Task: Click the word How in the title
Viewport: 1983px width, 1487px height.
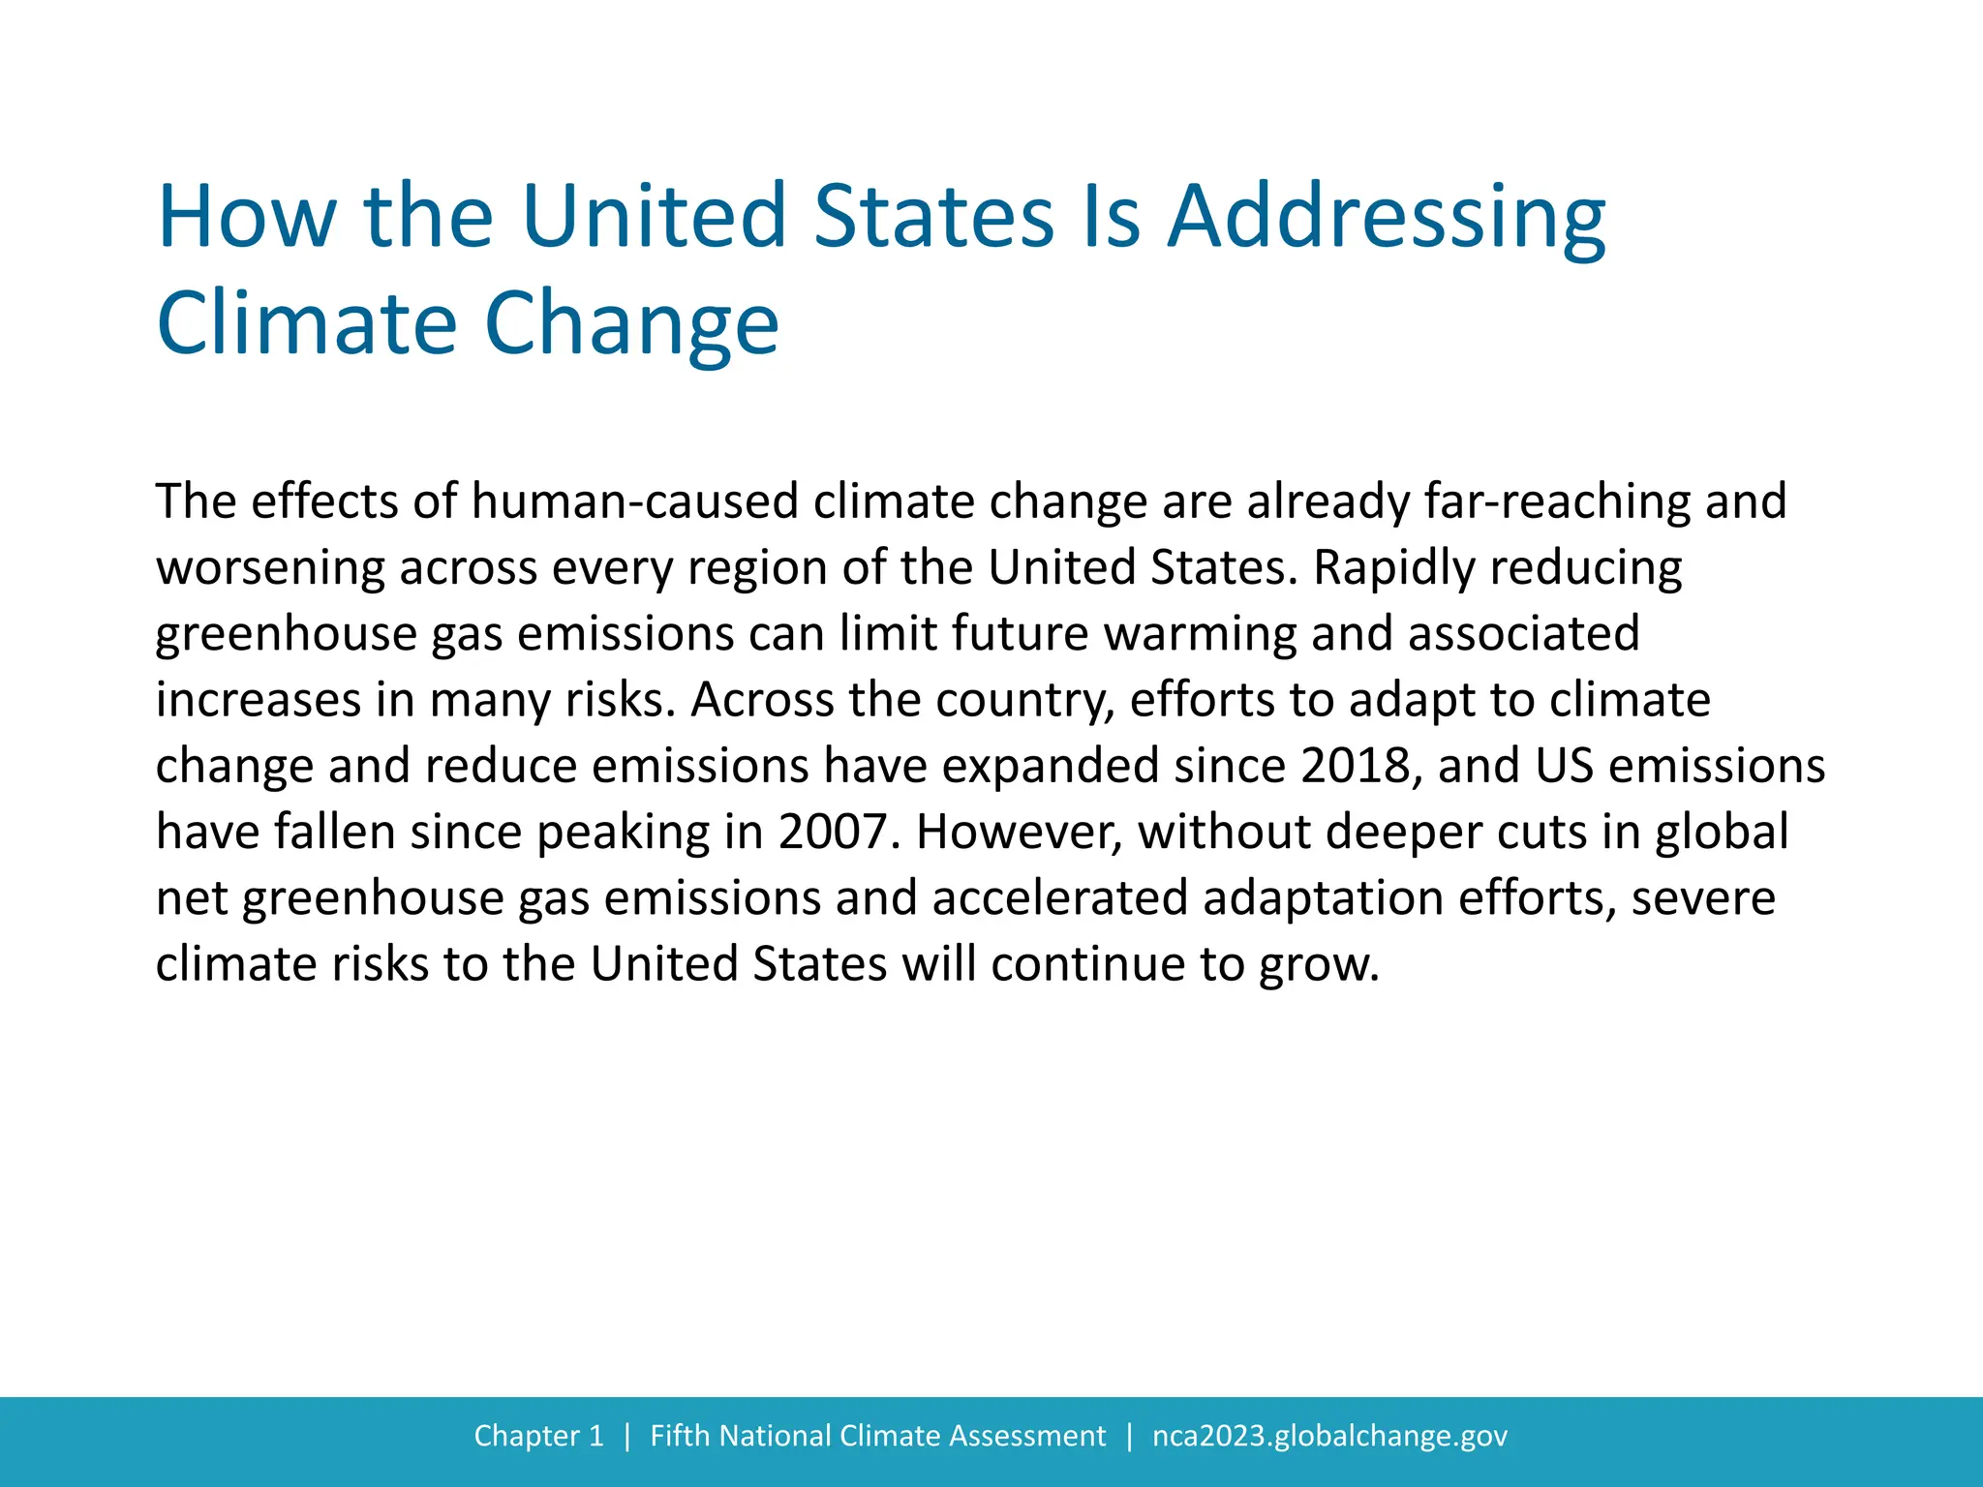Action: click(247, 216)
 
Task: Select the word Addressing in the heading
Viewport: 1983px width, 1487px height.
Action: click(1386, 216)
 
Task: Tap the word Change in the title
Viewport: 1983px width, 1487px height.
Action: click(631, 323)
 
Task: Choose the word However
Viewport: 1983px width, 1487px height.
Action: click(1020, 832)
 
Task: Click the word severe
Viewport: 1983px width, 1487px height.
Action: click(1703, 897)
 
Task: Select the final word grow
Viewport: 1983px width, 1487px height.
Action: click(1319, 964)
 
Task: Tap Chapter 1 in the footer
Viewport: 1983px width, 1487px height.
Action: click(538, 1436)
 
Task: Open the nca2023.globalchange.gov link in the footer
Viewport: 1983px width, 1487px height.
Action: click(1329, 1436)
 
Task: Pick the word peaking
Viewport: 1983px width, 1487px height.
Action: click(623, 832)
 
